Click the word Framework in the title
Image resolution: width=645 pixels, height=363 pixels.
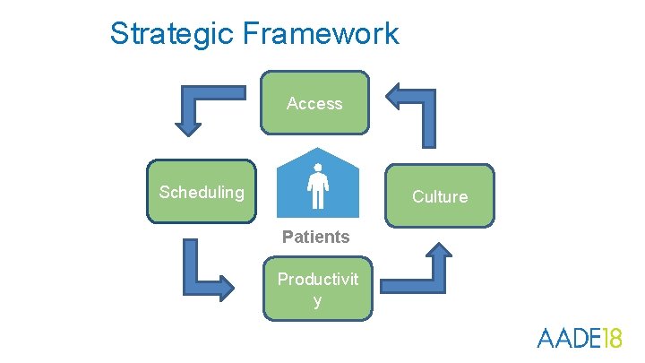tap(321, 34)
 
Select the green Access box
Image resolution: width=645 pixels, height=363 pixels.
tap(314, 102)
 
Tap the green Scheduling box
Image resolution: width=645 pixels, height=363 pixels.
tap(202, 191)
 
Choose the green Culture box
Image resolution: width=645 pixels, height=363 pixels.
tap(440, 195)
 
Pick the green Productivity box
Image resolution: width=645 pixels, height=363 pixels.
tap(317, 289)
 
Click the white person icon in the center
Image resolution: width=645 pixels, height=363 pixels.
tap(317, 185)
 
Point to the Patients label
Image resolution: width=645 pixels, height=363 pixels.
tap(315, 237)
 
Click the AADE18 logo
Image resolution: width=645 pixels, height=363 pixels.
tap(578, 338)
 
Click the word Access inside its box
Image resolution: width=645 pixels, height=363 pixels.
tap(314, 104)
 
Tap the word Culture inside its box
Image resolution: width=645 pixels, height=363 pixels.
tap(440, 196)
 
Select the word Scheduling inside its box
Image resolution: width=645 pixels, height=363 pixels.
tap(202, 192)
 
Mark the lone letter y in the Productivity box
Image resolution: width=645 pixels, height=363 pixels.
tap(317, 300)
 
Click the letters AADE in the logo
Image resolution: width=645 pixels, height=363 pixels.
tap(564, 338)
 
